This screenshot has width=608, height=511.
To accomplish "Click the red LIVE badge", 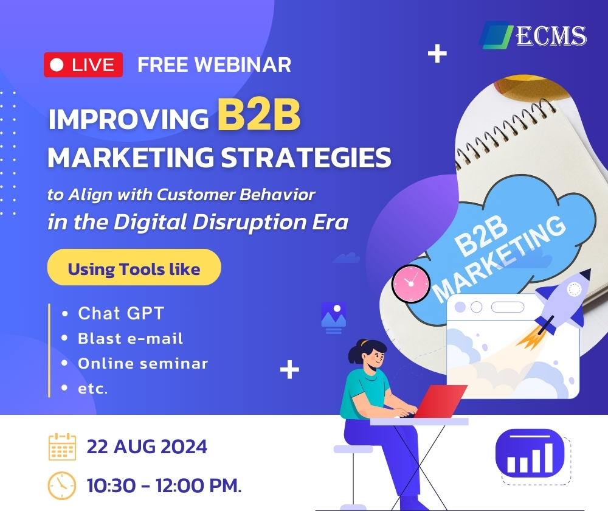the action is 83,65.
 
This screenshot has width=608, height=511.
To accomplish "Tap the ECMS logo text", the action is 551,36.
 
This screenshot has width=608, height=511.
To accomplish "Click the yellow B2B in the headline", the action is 259,114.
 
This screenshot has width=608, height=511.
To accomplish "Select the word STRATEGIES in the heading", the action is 306,158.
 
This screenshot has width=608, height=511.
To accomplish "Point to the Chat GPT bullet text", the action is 121,313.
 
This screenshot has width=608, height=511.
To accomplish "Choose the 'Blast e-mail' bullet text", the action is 130,338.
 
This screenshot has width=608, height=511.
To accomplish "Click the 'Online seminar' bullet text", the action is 143,364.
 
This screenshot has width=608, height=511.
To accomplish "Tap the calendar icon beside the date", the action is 62,447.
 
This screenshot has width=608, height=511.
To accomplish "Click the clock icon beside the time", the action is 61,485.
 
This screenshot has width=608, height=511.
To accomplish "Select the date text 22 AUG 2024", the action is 147,447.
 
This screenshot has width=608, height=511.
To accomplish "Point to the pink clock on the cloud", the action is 410,283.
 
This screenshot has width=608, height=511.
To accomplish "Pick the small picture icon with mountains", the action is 333,318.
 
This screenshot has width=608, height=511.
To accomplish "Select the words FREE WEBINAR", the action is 215,65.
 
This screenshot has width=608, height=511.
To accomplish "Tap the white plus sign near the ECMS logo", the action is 437,54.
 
